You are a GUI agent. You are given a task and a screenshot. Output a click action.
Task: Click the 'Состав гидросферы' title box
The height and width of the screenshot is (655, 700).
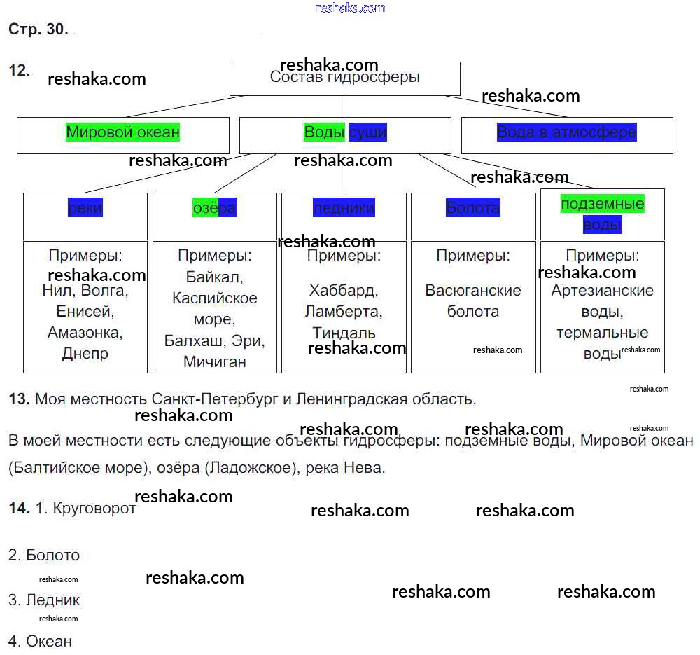pyautogui.click(x=344, y=78)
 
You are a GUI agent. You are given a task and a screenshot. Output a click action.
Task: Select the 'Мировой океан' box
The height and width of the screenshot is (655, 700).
pyautogui.click(x=123, y=132)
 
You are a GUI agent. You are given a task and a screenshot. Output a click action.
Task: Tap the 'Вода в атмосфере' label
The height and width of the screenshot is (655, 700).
pyautogui.click(x=567, y=132)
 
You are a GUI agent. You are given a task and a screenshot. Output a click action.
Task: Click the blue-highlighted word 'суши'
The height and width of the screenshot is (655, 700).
pyautogui.click(x=367, y=132)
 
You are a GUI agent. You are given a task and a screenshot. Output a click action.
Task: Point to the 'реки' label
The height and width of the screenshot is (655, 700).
pyautogui.click(x=85, y=208)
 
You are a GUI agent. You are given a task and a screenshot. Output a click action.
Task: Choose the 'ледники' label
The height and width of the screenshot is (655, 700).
pyautogui.click(x=344, y=208)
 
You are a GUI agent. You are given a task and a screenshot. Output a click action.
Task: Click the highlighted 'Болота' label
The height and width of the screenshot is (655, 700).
pyautogui.click(x=473, y=208)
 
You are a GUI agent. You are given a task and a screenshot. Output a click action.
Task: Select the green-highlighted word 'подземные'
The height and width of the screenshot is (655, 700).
pyautogui.click(x=602, y=204)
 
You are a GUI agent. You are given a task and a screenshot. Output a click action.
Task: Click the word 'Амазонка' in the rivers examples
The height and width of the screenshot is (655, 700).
pyautogui.click(x=85, y=333)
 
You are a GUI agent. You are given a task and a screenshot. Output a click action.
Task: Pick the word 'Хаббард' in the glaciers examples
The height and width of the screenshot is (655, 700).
pyautogui.click(x=344, y=291)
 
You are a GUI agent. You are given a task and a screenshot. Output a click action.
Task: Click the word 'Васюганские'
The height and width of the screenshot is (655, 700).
pyautogui.click(x=473, y=291)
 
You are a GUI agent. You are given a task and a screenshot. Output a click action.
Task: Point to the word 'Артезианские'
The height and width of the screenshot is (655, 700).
pyautogui.click(x=602, y=291)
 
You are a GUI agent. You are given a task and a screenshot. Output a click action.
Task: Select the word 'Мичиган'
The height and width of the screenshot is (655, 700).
pyautogui.click(x=215, y=362)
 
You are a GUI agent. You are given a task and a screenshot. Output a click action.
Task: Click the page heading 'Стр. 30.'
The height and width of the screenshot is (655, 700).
pyautogui.click(x=38, y=29)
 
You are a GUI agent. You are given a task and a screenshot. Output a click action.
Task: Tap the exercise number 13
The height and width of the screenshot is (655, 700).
pyautogui.click(x=18, y=399)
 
